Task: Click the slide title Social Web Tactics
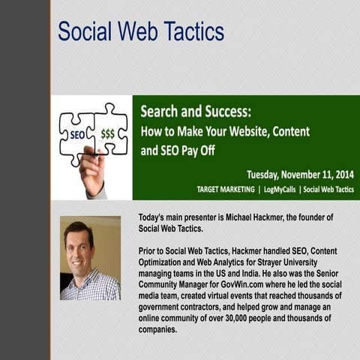pos(141,32)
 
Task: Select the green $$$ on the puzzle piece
pos(108,133)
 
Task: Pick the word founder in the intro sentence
pos(311,217)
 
